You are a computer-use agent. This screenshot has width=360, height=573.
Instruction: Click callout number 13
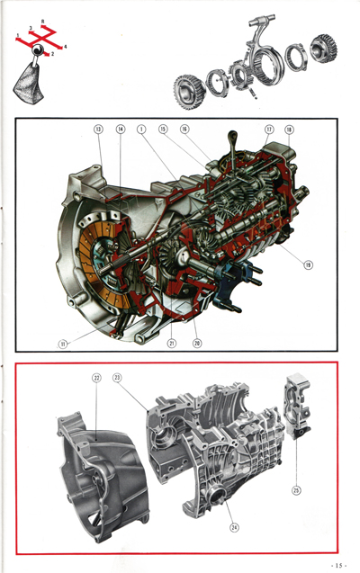pos(98,130)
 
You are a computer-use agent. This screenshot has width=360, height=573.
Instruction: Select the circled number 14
pos(121,130)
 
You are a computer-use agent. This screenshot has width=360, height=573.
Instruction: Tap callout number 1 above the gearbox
pos(142,130)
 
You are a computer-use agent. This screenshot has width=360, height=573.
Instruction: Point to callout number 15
pos(163,130)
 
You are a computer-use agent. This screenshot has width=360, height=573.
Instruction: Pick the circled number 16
pos(184,130)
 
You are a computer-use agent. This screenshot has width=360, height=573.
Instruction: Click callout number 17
pos(269,130)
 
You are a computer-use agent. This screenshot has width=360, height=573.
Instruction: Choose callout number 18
pos(289,130)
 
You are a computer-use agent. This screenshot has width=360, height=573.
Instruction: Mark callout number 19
pos(309,265)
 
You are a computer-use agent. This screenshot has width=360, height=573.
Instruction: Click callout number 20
pos(196,343)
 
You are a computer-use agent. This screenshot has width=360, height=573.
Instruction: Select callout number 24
pos(233,528)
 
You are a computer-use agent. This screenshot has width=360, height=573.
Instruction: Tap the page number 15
pos(338,564)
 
